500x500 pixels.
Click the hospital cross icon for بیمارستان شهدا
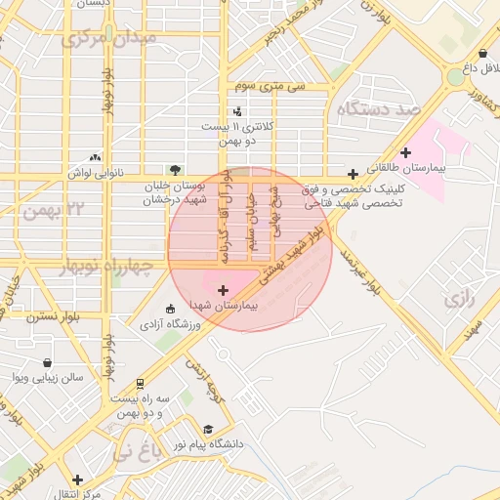(x=224, y=290)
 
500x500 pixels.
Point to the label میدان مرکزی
(x=107, y=39)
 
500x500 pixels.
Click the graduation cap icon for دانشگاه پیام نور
(x=207, y=430)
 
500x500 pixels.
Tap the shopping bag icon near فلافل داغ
(x=483, y=53)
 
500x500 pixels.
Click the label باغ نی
(x=134, y=451)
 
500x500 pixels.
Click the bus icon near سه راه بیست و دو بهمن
(x=141, y=384)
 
